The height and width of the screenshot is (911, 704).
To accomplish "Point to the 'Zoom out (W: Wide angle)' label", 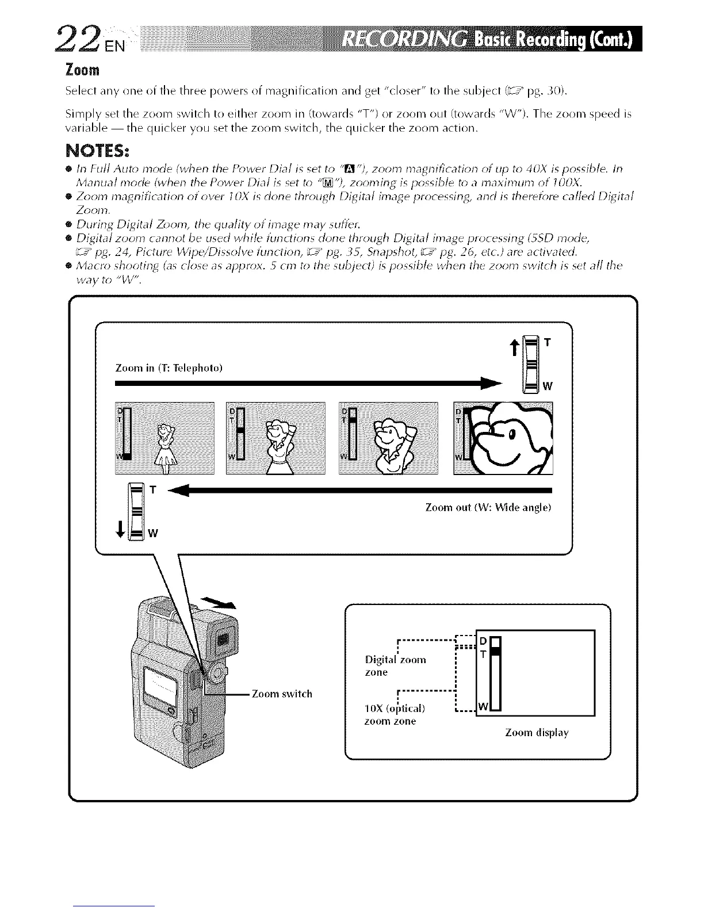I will point(488,508).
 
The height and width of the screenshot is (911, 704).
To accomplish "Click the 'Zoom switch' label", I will point(282,694).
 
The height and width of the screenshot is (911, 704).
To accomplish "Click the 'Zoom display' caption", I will point(536,733).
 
